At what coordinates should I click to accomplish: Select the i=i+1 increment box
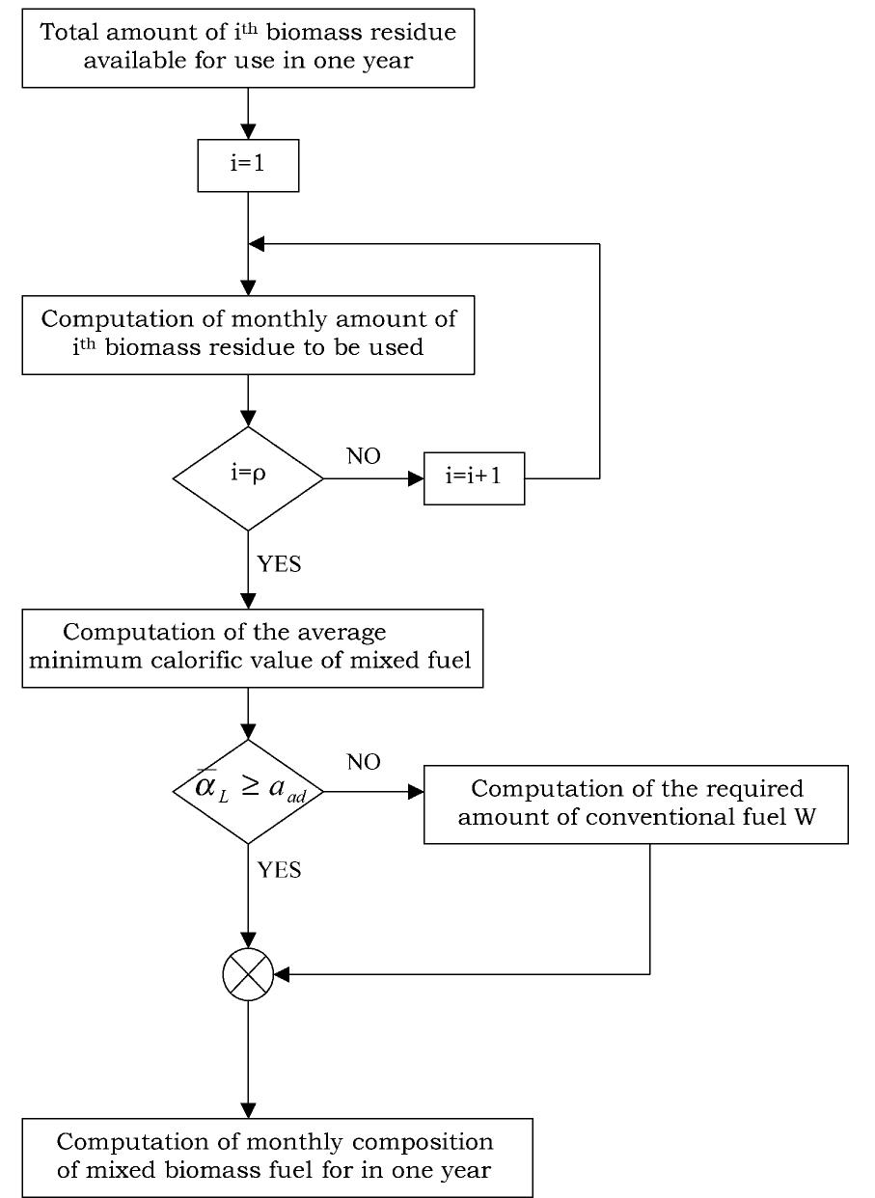(474, 477)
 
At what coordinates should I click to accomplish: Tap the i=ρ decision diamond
(248, 477)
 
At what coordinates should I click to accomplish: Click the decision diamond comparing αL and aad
(248, 791)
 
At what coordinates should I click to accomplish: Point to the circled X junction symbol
(248, 973)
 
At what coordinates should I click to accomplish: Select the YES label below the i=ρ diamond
(279, 565)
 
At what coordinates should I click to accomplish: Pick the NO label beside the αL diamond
(363, 763)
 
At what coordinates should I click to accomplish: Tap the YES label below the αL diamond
(279, 871)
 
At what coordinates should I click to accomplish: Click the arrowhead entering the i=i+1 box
(417, 477)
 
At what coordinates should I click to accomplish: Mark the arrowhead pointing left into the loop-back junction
(257, 244)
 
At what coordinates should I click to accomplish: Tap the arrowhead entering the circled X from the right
(282, 973)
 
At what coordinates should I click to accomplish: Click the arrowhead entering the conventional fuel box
(417, 791)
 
